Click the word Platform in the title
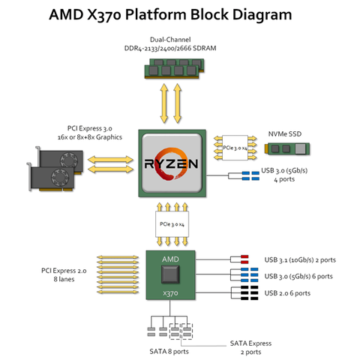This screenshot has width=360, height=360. pyautogui.click(x=155, y=14)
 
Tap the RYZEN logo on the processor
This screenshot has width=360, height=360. pyautogui.click(x=171, y=163)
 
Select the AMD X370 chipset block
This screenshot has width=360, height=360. pyautogui.click(x=170, y=275)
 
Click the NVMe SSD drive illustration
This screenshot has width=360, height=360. pyautogui.click(x=287, y=148)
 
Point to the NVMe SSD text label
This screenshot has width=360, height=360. pyautogui.click(x=285, y=134)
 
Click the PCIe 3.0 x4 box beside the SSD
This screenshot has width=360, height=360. pyautogui.click(x=235, y=148)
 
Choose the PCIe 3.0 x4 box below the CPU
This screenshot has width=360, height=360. pyautogui.click(x=172, y=224)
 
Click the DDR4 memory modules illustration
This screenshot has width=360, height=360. pyautogui.click(x=175, y=68)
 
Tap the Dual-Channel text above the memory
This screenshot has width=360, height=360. pyautogui.click(x=170, y=40)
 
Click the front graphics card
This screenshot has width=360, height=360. pyautogui.click(x=52, y=177)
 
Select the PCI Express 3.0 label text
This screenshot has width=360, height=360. pyautogui.click(x=90, y=128)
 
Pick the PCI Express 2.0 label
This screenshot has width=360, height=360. pyautogui.click(x=64, y=274)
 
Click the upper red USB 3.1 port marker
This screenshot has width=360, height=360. pyautogui.click(x=244, y=256)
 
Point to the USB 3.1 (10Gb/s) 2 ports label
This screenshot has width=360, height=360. pyautogui.click(x=300, y=260)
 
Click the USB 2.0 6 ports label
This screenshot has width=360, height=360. pyautogui.click(x=287, y=293)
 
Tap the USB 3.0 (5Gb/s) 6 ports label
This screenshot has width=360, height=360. pyautogui.click(x=298, y=276)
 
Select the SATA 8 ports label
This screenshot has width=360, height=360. pyautogui.click(x=169, y=352)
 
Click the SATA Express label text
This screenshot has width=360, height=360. pyautogui.click(x=250, y=343)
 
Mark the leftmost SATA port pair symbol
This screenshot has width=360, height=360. pyautogui.click(x=151, y=331)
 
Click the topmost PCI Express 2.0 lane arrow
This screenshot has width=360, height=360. pyautogui.click(x=118, y=257)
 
